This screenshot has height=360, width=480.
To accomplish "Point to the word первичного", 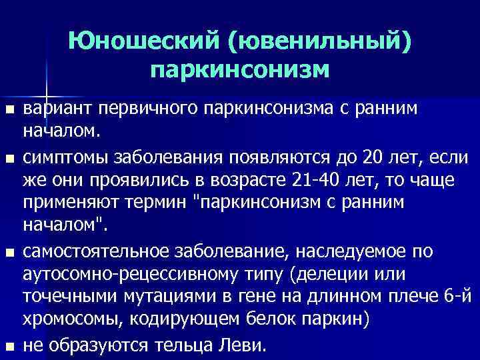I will pos(143,109).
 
